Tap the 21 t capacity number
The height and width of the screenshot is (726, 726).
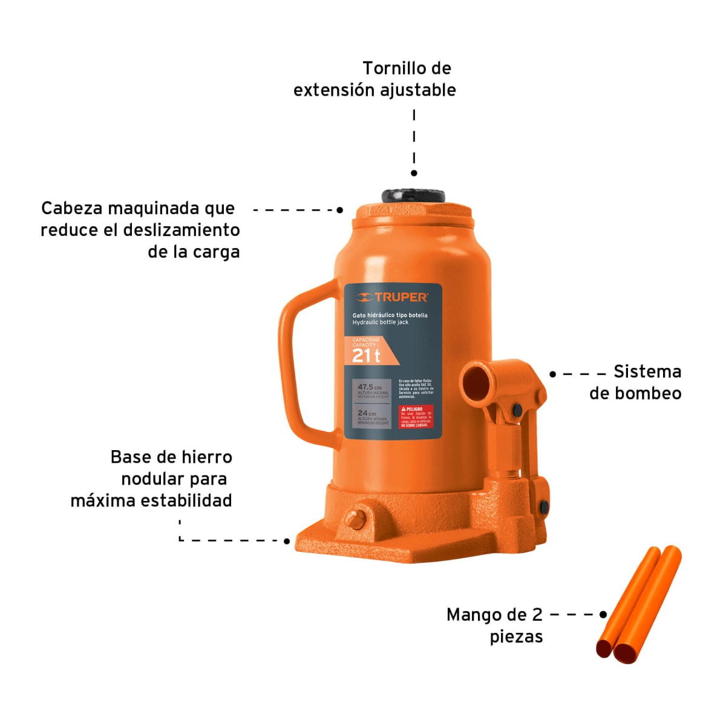click(366, 356)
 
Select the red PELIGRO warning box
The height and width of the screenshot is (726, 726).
click(416, 417)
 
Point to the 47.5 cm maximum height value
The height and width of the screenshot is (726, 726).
click(369, 387)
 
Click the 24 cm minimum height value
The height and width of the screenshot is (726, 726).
click(366, 413)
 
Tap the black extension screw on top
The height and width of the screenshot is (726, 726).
click(413, 197)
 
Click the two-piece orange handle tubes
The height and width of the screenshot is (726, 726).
click(638, 605)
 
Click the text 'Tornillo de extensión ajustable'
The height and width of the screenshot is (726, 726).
click(375, 79)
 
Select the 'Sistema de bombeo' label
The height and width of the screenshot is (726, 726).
click(636, 382)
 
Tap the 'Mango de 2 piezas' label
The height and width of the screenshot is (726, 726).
click(495, 626)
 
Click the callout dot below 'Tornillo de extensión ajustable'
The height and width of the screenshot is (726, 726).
click(414, 173)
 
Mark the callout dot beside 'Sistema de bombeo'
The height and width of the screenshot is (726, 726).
click(552, 374)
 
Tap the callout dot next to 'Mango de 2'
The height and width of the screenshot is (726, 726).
click(603, 615)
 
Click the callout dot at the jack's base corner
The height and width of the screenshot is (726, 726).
click(287, 541)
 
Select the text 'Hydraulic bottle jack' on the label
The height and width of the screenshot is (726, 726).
click(381, 322)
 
